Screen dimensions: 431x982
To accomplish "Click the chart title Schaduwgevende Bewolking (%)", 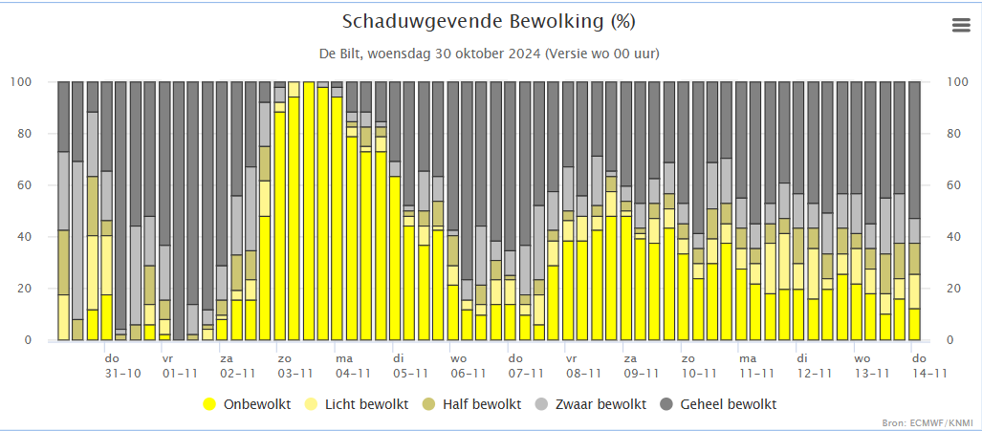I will [488, 22].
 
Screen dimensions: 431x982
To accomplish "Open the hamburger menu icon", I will [961, 26].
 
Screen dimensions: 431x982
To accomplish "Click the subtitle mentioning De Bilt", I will [488, 53].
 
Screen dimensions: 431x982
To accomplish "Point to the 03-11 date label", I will [295, 374].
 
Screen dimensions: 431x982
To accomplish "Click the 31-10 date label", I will [122, 374].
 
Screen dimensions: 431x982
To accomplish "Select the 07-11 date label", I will [526, 374].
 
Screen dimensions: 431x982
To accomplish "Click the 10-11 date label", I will [699, 374].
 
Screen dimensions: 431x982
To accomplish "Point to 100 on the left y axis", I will [20, 82].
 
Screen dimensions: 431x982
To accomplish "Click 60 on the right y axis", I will [952, 185].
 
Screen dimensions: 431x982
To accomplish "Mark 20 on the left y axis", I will [24, 289].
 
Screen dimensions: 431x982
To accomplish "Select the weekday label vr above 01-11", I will [167, 358].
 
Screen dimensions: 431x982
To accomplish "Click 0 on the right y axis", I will [949, 340].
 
